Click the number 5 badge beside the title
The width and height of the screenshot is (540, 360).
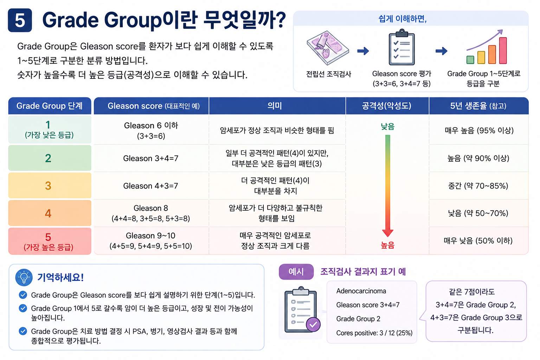[x=20, y=20]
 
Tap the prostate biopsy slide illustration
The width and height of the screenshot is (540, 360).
[x=328, y=48]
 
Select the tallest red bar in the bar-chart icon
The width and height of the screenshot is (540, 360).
[x=503, y=50]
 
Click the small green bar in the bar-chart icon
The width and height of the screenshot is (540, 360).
[x=470, y=59]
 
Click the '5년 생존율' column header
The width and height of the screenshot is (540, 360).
[x=478, y=106]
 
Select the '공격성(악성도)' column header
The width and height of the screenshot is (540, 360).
[x=387, y=106]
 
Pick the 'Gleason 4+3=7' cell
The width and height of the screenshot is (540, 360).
[x=151, y=186]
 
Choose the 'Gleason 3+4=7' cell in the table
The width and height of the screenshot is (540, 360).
[x=151, y=159]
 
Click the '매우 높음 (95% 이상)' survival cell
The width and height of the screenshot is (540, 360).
[x=479, y=130]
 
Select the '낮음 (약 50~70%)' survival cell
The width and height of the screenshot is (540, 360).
[x=478, y=213]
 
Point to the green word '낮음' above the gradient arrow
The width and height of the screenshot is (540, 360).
[x=388, y=126]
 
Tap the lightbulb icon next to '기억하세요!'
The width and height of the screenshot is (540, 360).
[x=24, y=277]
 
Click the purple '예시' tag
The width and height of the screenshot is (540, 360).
[x=296, y=272]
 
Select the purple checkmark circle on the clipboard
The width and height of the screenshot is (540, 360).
[x=313, y=324]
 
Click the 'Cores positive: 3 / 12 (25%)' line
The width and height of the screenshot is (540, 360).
[x=374, y=333]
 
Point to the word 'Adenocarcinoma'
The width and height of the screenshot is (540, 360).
[x=361, y=291]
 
